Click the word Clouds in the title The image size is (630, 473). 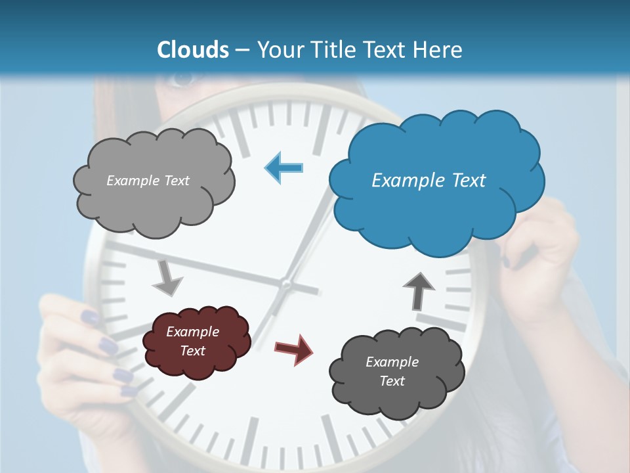pyautogui.click(x=193, y=50)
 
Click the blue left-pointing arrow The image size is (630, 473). pyautogui.click(x=284, y=168)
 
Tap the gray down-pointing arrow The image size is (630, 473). pyautogui.click(x=167, y=278)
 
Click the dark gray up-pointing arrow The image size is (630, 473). pyautogui.click(x=419, y=290)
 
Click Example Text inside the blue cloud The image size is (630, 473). pyautogui.click(x=429, y=181)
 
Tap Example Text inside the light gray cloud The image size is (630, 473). pyautogui.click(x=148, y=181)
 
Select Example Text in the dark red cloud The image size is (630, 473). pyautogui.click(x=192, y=341)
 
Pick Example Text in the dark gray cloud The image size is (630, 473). pyautogui.click(x=392, y=371)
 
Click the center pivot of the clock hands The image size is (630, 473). pyautogui.click(x=285, y=284)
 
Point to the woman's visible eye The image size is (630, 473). pyautogui.click(x=183, y=79)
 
